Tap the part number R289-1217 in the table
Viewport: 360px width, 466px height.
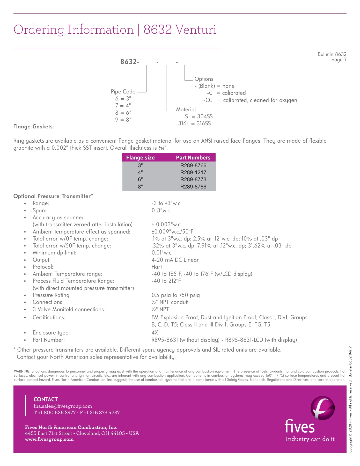193,172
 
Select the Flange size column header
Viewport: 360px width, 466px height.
140,158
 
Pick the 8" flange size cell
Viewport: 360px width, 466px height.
140,187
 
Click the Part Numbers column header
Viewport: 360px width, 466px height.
193,158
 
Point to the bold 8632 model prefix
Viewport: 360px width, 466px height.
128,62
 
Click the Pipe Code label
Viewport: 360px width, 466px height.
123,92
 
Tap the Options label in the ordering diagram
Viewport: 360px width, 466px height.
204,79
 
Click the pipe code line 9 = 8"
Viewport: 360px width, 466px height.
123,120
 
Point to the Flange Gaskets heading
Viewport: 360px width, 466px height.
33,127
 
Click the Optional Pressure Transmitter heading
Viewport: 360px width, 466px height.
53,196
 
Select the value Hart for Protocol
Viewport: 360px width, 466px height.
157,267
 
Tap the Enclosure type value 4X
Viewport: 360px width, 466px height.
155,333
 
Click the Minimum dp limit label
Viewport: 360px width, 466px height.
54,253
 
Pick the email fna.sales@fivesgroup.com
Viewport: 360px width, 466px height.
63,406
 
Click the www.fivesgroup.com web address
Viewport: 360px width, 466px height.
49,439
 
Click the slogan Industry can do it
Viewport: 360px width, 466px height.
310,439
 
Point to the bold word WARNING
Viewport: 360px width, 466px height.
22,372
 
